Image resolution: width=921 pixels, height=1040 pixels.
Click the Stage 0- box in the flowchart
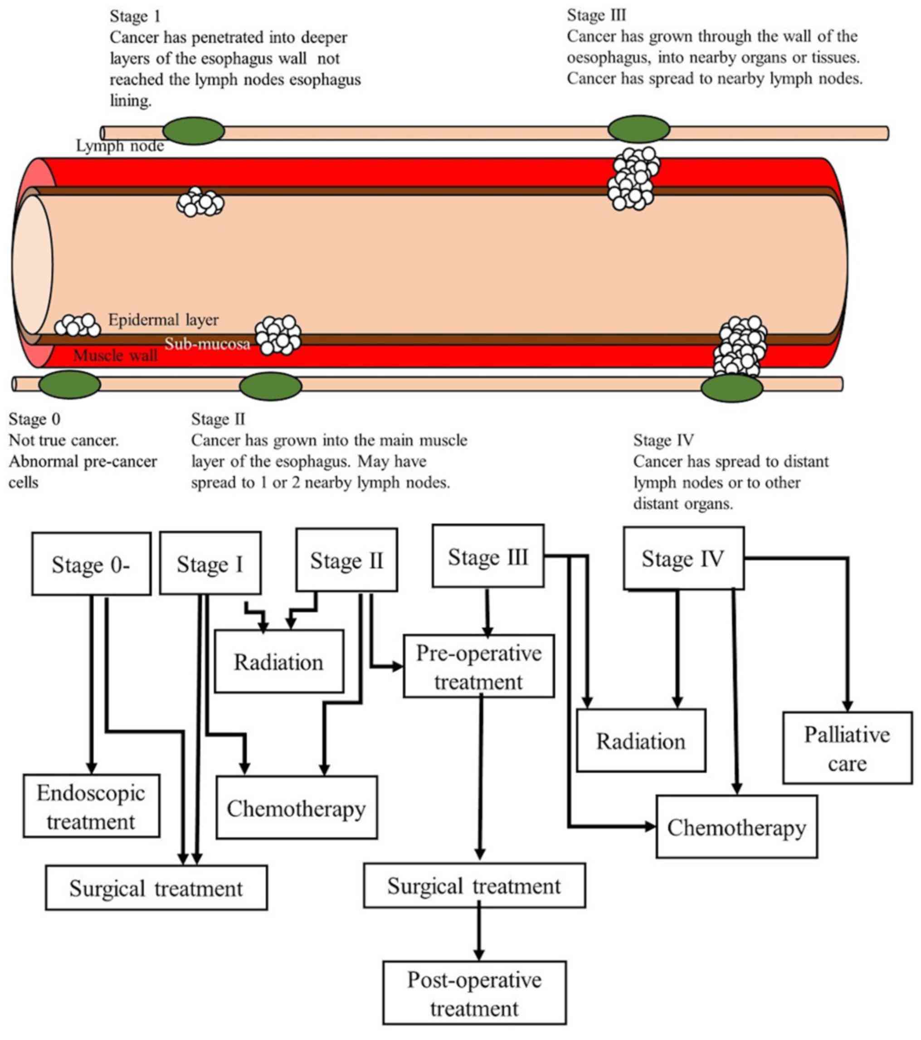point(91,564)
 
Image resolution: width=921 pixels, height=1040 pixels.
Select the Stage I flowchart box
point(210,564)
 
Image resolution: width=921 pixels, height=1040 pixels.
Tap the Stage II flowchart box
point(346,560)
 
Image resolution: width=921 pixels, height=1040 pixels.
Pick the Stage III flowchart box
point(487,556)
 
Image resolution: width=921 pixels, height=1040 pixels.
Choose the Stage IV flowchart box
point(683,558)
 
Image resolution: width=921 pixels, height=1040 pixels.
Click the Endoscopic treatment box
point(91,807)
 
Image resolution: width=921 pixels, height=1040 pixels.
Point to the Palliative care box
point(847,748)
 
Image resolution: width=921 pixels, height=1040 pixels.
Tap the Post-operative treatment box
point(474,993)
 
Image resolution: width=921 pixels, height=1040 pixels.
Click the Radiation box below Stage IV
point(641,741)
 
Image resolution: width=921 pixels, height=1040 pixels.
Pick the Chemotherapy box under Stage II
point(296,808)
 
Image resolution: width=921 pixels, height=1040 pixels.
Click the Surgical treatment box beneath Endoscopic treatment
point(156,889)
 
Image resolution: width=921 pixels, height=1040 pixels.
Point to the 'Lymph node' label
point(120,146)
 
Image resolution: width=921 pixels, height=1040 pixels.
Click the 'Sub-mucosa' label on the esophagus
point(207,344)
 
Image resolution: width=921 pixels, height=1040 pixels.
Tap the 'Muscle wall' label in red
point(116,355)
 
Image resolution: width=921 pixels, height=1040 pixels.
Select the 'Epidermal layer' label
point(163,320)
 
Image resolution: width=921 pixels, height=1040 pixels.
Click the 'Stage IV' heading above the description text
point(663,439)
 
